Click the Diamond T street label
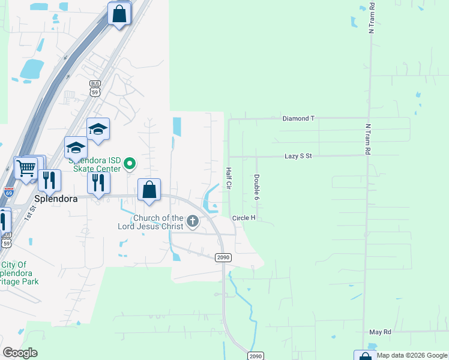[x=298, y=119]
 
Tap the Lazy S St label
[x=298, y=156]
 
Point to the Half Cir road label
[x=229, y=178]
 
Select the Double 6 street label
[x=256, y=187]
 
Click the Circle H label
[x=244, y=218]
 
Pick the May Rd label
[x=380, y=332]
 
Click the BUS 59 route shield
[x=95, y=88]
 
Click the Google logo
[x=20, y=353]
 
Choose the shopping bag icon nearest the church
[x=149, y=190]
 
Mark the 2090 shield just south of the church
[x=222, y=257]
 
